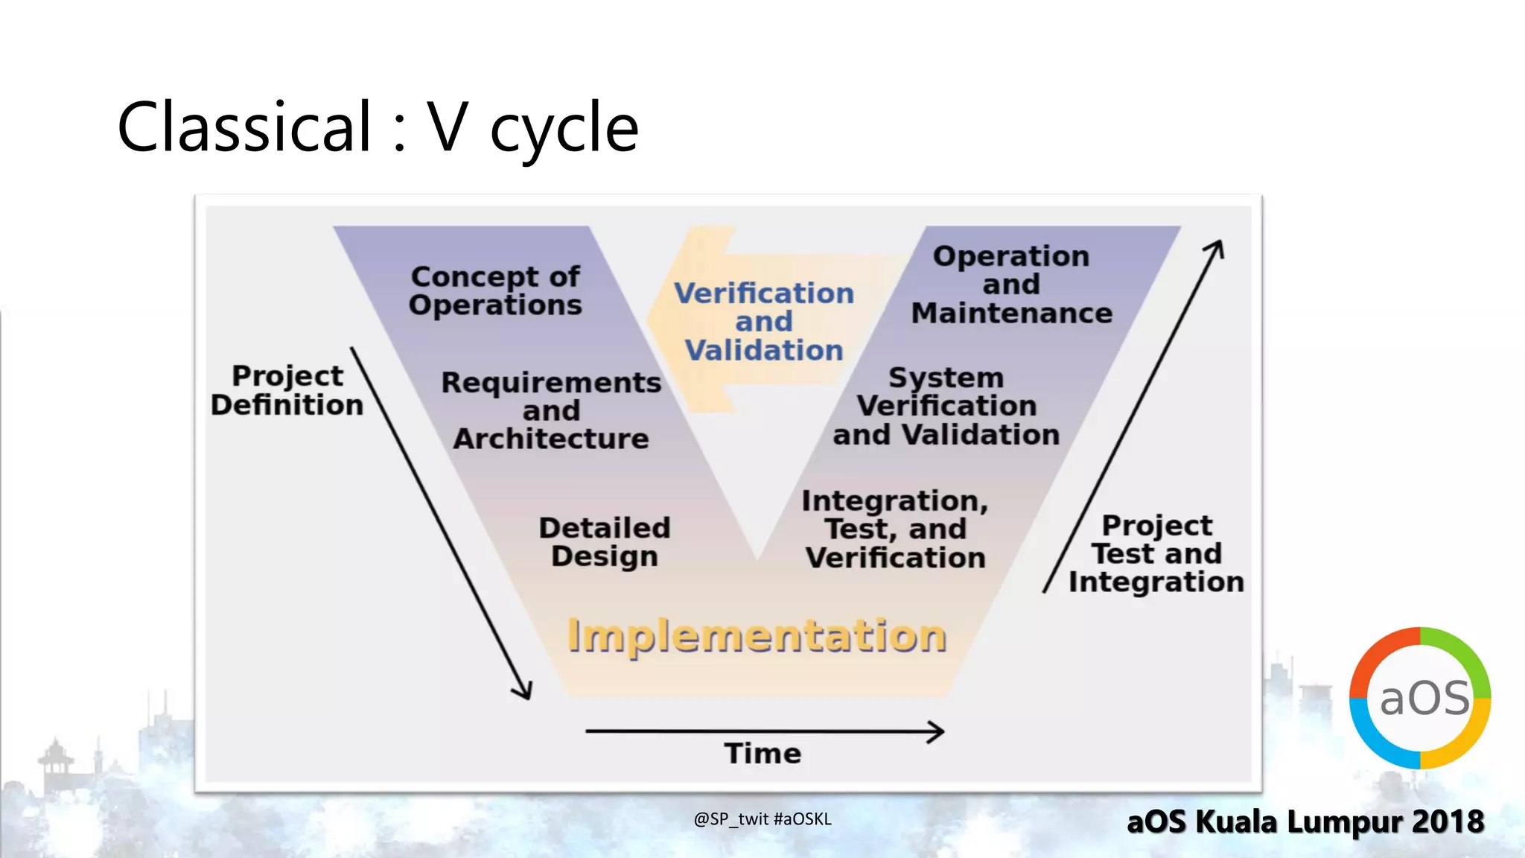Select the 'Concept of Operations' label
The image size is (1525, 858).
click(x=495, y=291)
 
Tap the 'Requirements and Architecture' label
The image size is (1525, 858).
click(x=551, y=410)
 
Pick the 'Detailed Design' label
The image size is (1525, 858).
click(x=605, y=542)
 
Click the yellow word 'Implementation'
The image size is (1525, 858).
click(x=757, y=635)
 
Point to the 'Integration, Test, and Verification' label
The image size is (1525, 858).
click(x=896, y=529)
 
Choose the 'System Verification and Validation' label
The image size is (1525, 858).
click(x=946, y=406)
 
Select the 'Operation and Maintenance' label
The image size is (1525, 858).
click(x=1012, y=285)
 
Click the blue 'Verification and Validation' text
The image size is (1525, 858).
click(x=764, y=322)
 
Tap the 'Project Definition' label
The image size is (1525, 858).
click(x=287, y=390)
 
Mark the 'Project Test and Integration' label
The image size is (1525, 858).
click(x=1156, y=553)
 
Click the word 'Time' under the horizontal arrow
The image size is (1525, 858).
click(x=763, y=753)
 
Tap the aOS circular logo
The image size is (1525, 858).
click(x=1420, y=698)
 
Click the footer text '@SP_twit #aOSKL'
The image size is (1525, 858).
click(x=762, y=819)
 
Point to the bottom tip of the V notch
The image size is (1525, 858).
click(x=758, y=559)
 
